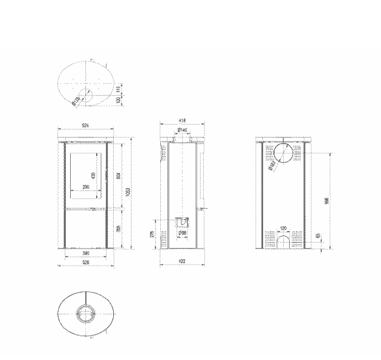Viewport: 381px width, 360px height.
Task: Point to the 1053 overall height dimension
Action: (128, 192)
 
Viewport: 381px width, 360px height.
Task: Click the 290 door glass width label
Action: (86, 188)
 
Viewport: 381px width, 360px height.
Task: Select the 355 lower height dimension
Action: (119, 228)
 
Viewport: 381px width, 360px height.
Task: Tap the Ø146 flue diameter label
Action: (181, 131)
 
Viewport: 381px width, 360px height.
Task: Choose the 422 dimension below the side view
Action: (181, 261)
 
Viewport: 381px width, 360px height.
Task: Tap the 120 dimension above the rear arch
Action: (284, 229)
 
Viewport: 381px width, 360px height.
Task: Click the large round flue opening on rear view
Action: (284, 154)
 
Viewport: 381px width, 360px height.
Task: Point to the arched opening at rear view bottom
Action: (284, 241)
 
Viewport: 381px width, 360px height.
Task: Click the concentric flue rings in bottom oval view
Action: (85, 314)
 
